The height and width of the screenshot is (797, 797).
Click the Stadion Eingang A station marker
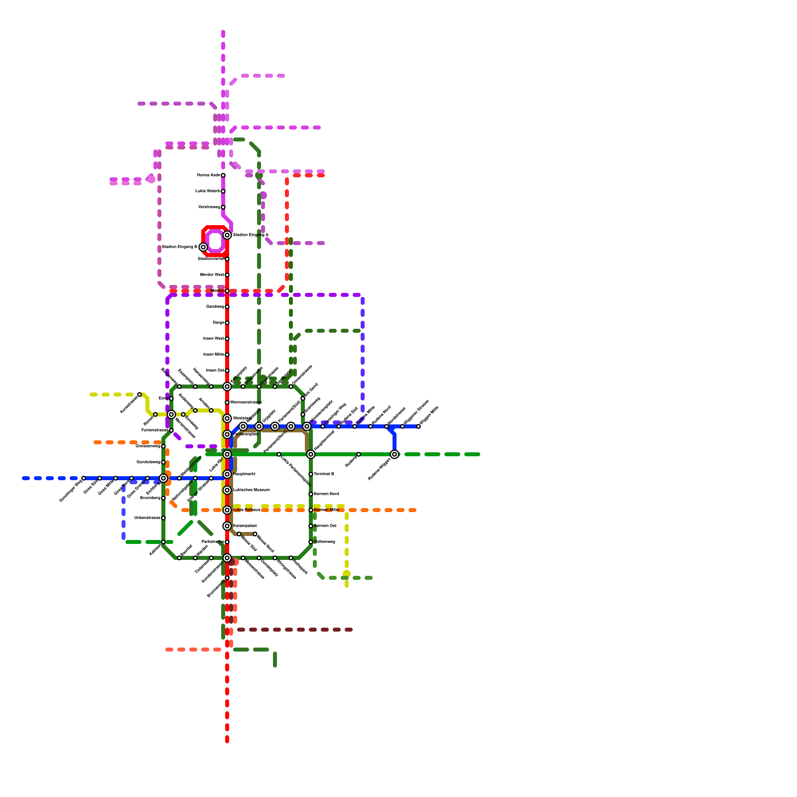(227, 235)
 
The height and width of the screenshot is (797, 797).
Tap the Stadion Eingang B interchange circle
(203, 247)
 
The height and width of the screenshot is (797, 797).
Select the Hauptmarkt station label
(244, 474)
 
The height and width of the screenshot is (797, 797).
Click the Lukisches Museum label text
(251, 490)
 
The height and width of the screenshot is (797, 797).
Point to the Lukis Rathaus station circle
(227, 510)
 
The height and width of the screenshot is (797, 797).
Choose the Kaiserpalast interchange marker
(227, 526)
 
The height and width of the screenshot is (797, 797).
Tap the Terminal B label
(324, 474)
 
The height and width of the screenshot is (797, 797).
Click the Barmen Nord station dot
(311, 494)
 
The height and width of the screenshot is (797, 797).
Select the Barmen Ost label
(325, 526)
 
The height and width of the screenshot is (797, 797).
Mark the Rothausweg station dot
(311, 542)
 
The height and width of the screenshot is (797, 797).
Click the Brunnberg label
(150, 498)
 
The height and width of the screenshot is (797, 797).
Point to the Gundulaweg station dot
(163, 462)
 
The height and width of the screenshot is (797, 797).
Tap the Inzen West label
(213, 339)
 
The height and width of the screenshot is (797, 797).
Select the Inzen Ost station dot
(227, 371)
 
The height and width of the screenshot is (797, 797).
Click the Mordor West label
(212, 275)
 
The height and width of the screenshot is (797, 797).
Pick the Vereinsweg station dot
(223, 207)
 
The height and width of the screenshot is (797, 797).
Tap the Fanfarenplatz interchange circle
(227, 434)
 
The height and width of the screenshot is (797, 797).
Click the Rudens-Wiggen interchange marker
(395, 454)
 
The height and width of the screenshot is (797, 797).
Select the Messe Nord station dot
(255, 534)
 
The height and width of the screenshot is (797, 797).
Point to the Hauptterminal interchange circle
(311, 454)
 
